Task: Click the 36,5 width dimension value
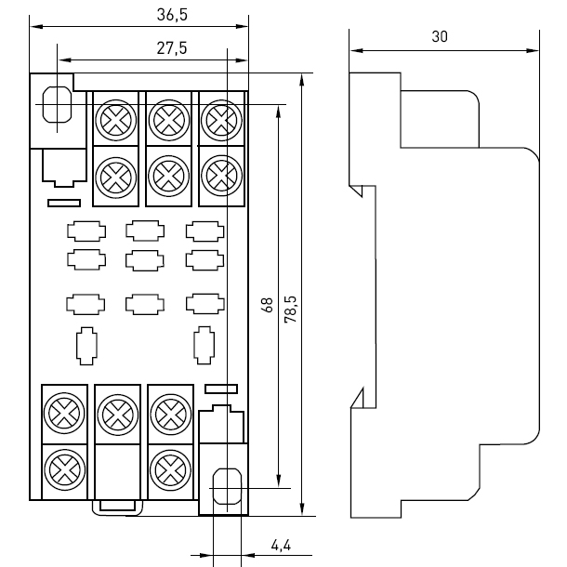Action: [x=172, y=15]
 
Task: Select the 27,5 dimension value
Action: [x=172, y=48]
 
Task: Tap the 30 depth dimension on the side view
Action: [x=440, y=36]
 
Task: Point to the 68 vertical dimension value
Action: [x=268, y=305]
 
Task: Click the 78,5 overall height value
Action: [x=290, y=310]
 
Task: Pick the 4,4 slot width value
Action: [x=281, y=545]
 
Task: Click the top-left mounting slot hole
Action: [x=57, y=104]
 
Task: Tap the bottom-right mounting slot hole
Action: [x=227, y=486]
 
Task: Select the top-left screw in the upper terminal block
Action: [x=115, y=120]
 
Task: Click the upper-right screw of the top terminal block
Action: [x=221, y=120]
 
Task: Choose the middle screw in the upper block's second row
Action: [x=168, y=176]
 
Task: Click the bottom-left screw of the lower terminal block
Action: [x=65, y=469]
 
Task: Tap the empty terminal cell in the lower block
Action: [x=117, y=471]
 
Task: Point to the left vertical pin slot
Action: [x=86, y=346]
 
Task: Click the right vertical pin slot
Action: [x=204, y=346]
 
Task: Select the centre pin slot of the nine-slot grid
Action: [x=145, y=260]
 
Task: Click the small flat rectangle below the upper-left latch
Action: [x=64, y=204]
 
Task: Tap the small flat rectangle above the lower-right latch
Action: [x=221, y=389]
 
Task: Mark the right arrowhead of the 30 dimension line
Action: [x=533, y=50]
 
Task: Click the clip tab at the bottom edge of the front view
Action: [x=117, y=507]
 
